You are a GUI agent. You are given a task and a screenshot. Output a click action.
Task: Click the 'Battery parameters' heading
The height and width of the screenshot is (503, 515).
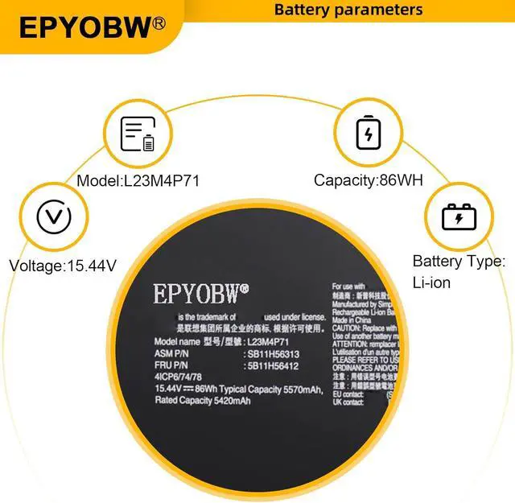[x=348, y=10]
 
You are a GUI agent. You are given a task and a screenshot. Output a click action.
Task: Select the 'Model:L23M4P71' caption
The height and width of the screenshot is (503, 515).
[x=138, y=181]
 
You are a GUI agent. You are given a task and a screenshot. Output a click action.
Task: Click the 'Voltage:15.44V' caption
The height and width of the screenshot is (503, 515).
[x=61, y=265]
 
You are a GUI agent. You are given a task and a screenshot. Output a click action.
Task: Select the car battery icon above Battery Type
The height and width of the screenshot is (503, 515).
[x=459, y=217]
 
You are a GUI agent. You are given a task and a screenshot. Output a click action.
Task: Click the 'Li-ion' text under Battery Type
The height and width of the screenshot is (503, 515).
[x=431, y=283]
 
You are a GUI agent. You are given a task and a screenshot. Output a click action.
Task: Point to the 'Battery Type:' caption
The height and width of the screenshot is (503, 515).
[x=459, y=262]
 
